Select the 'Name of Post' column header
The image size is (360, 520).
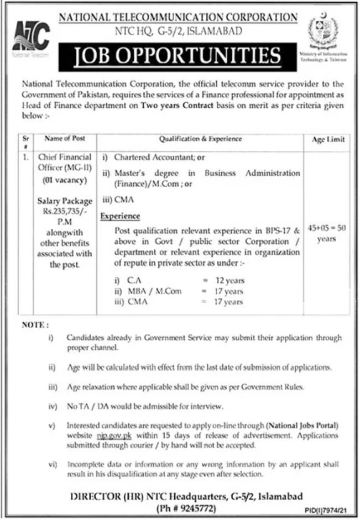pyautogui.click(x=65, y=138)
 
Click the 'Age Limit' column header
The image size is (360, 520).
pyautogui.click(x=328, y=140)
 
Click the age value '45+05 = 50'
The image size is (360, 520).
pyautogui.click(x=327, y=228)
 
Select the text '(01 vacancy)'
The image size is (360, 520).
pyautogui.click(x=65, y=180)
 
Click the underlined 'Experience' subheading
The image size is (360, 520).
pyautogui.click(x=120, y=216)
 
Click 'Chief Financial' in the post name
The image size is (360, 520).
pyautogui.click(x=65, y=157)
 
